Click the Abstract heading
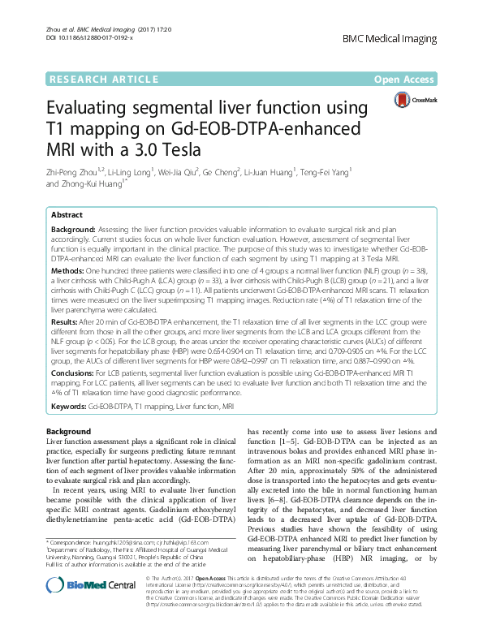(x=67, y=215)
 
